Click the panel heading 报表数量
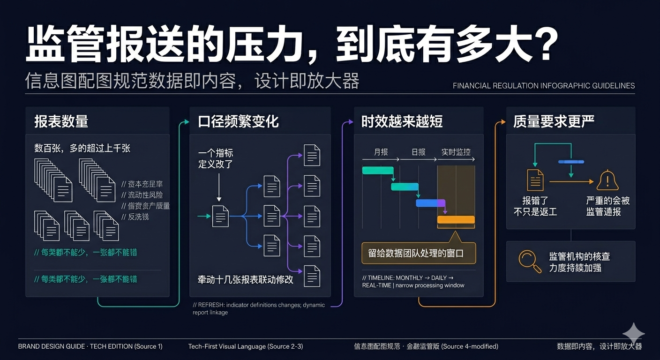tap(61, 122)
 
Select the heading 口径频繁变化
tap(238, 122)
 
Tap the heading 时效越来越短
tap(402, 122)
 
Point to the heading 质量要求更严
tap(554, 122)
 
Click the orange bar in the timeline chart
tap(456, 219)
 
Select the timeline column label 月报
tap(381, 152)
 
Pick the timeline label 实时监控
tap(456, 152)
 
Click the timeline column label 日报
tap(418, 152)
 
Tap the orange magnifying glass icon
tap(529, 262)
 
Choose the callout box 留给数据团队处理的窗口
tap(419, 254)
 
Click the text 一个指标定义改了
tap(216, 158)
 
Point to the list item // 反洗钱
tap(135, 217)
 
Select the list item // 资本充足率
tap(142, 184)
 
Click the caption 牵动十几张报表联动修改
tap(245, 279)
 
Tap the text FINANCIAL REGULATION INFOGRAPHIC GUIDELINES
tap(544, 86)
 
